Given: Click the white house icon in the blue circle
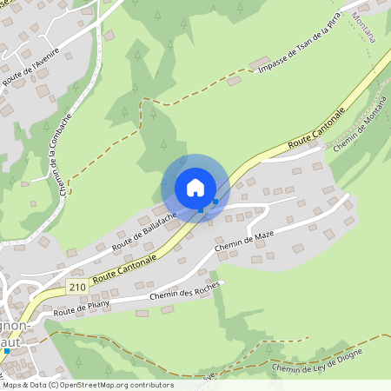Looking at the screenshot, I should [195, 187].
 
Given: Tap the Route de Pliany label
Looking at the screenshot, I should [82, 308].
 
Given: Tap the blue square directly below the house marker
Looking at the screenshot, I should [201, 209].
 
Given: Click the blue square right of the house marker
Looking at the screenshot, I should [215, 202].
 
